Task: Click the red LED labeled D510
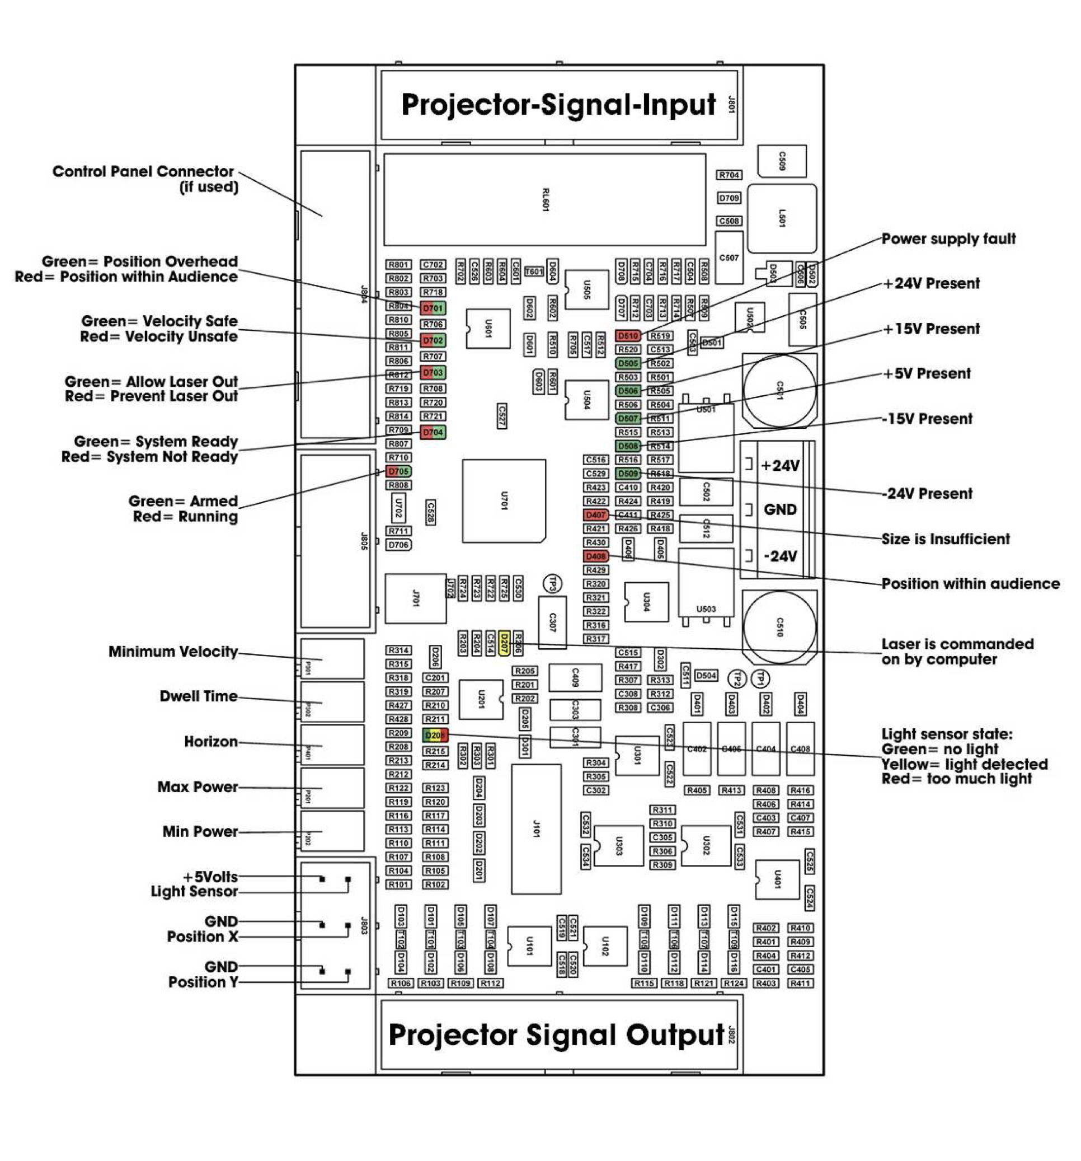[x=627, y=336]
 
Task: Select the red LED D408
[x=595, y=556]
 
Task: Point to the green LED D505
[x=627, y=363]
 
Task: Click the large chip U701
[x=504, y=500]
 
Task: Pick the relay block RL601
[x=544, y=200]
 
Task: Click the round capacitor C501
[x=779, y=390]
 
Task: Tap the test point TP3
[x=552, y=583]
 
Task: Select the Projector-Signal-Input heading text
[x=558, y=105]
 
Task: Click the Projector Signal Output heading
[x=556, y=1035]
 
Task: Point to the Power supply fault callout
[x=948, y=239]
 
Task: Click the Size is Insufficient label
[x=945, y=539]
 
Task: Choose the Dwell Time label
[x=199, y=696]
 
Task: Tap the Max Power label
[x=198, y=787]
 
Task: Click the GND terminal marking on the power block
[x=780, y=509]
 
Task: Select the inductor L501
[x=782, y=218]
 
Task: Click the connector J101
[x=536, y=828]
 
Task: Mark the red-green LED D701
[x=433, y=308]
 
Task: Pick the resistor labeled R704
[x=729, y=175]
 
